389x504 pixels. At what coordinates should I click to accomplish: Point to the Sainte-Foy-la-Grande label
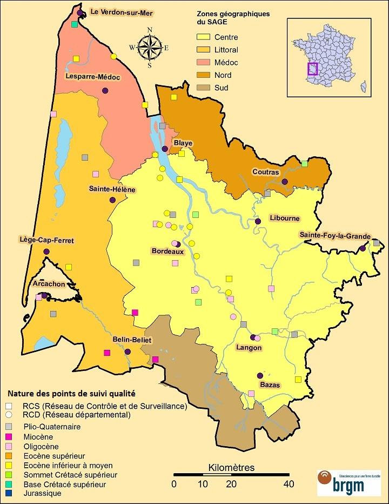click(x=335, y=236)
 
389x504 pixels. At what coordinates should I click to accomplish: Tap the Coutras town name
click(x=265, y=172)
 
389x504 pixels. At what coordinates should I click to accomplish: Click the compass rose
click(x=150, y=48)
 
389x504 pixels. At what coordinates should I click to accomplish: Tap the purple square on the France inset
click(x=312, y=69)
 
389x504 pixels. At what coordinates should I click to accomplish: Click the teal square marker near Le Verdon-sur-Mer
click(x=74, y=25)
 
